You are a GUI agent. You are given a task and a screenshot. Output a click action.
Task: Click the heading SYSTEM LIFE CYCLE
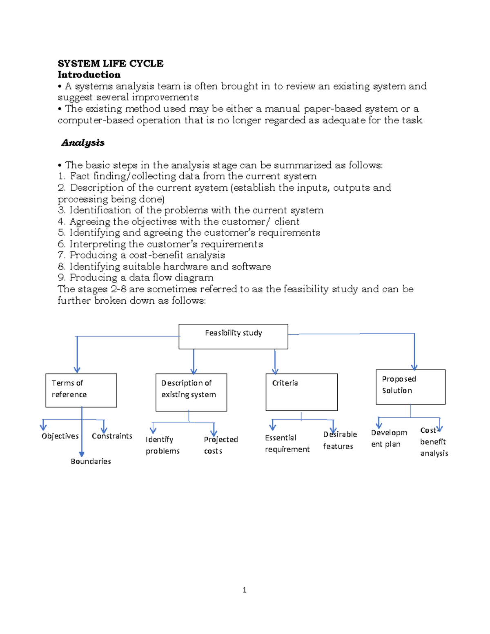pos(110,63)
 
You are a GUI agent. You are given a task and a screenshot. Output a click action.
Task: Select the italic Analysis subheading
pos(83,142)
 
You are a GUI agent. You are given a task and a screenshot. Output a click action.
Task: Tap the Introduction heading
pos(89,75)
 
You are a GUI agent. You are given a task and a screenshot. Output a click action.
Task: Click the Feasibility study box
pos(233,336)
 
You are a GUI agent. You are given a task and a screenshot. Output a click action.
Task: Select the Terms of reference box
pos(81,390)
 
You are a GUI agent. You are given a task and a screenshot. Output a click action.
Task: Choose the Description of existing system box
pos(191,392)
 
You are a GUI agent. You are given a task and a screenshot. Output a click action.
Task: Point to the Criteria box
pos(301,392)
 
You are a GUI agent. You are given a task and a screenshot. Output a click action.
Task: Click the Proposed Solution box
pos(410,387)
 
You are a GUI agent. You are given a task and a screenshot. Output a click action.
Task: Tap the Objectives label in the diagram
pos(60,436)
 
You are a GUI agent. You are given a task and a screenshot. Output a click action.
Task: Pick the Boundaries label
pos(91,461)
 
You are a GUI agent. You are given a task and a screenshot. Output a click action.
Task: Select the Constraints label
pos(112,436)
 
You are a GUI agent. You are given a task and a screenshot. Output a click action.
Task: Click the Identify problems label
pos(163,445)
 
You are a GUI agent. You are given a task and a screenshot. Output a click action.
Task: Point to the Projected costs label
pos(220,445)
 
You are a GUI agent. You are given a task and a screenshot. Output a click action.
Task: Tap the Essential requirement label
pos(287,443)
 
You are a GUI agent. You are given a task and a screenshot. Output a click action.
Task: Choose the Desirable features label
pos(340,440)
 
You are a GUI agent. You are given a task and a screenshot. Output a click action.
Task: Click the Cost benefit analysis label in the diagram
pos(434,442)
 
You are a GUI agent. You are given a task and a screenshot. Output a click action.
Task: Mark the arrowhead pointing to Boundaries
pos(82,454)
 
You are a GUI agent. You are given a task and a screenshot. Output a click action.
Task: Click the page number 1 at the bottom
pos(244,590)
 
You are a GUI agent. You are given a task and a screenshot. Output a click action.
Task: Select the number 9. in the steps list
pos(62,278)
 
